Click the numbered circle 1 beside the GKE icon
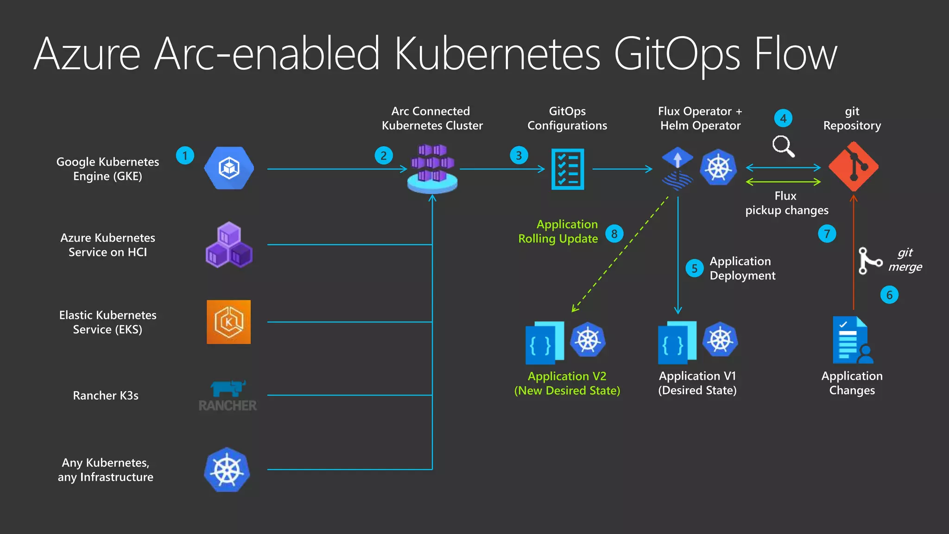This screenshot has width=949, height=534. tap(185, 156)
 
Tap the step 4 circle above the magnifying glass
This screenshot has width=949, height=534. tap(783, 118)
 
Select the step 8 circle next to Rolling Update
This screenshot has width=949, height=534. tap(614, 234)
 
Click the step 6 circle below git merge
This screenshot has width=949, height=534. tap(889, 295)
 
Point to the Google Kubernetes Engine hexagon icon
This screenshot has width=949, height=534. tap(229, 168)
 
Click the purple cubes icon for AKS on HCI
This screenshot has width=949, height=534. tap(229, 245)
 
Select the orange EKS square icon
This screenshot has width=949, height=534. tap(228, 322)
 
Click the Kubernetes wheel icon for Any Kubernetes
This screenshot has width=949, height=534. tap(227, 470)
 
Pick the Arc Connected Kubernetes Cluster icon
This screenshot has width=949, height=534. tap(432, 169)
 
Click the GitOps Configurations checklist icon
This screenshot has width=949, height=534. tap(568, 169)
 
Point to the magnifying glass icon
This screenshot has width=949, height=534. tap(783, 146)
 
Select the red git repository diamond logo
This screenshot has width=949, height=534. tap(853, 167)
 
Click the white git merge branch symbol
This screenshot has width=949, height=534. tap(868, 261)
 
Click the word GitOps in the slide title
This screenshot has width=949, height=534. tap(677, 55)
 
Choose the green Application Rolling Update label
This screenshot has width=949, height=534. tap(558, 231)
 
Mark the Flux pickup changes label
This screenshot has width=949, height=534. tap(786, 203)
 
